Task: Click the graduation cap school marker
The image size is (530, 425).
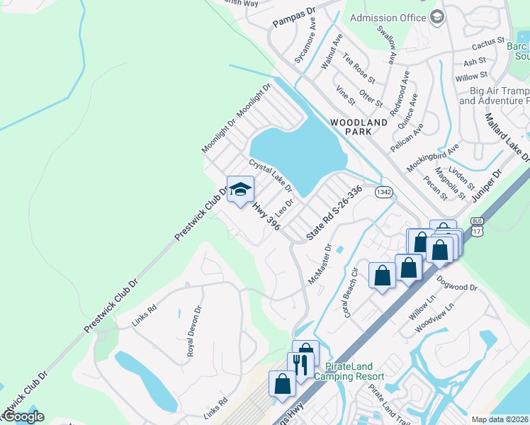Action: [x=241, y=190]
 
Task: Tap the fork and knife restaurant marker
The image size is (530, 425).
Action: [x=300, y=365]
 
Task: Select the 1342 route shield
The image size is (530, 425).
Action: [x=384, y=192]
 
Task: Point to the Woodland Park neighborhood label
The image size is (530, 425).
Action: [x=359, y=127]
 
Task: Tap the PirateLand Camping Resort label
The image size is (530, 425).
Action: [x=354, y=371]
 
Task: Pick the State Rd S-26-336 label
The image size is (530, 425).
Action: [x=334, y=212]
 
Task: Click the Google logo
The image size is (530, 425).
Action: [x=23, y=416]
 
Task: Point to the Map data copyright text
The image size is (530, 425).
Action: [x=500, y=419]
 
